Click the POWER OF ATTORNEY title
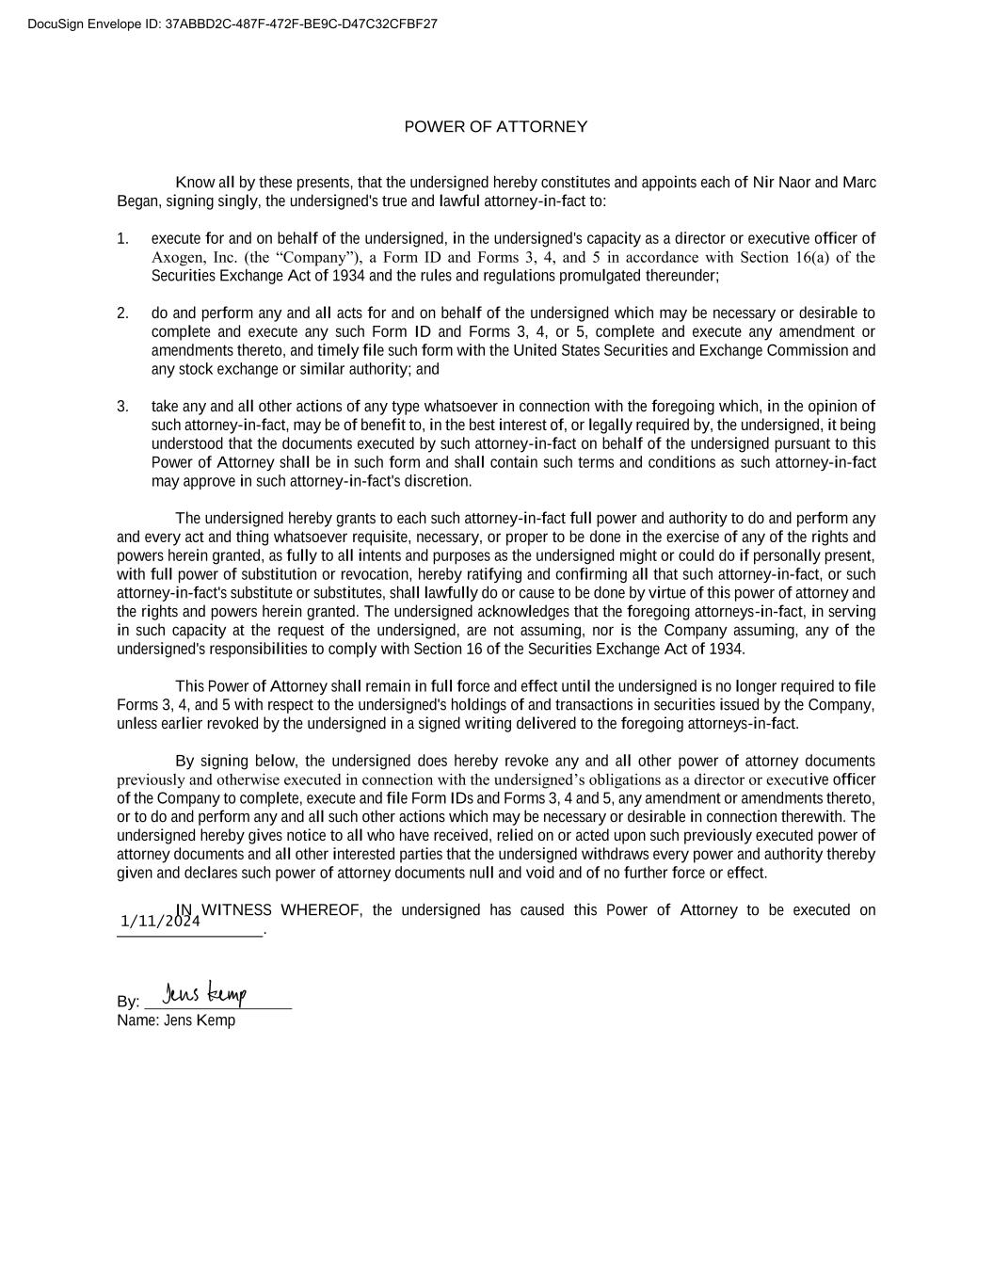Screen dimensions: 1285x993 click(495, 127)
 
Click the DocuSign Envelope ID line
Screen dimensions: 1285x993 click(232, 24)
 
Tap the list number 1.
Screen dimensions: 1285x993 click(122, 239)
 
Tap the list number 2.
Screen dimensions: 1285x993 click(122, 313)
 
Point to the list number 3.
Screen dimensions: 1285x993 click(122, 407)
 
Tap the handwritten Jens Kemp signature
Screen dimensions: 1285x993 click(204, 994)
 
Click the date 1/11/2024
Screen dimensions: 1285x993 click(160, 922)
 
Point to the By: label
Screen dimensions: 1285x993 click(128, 1002)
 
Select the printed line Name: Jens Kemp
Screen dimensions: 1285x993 click(176, 1020)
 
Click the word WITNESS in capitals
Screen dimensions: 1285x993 click(236, 910)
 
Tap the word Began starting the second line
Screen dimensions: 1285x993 click(138, 201)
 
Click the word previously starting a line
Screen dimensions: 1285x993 click(151, 780)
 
